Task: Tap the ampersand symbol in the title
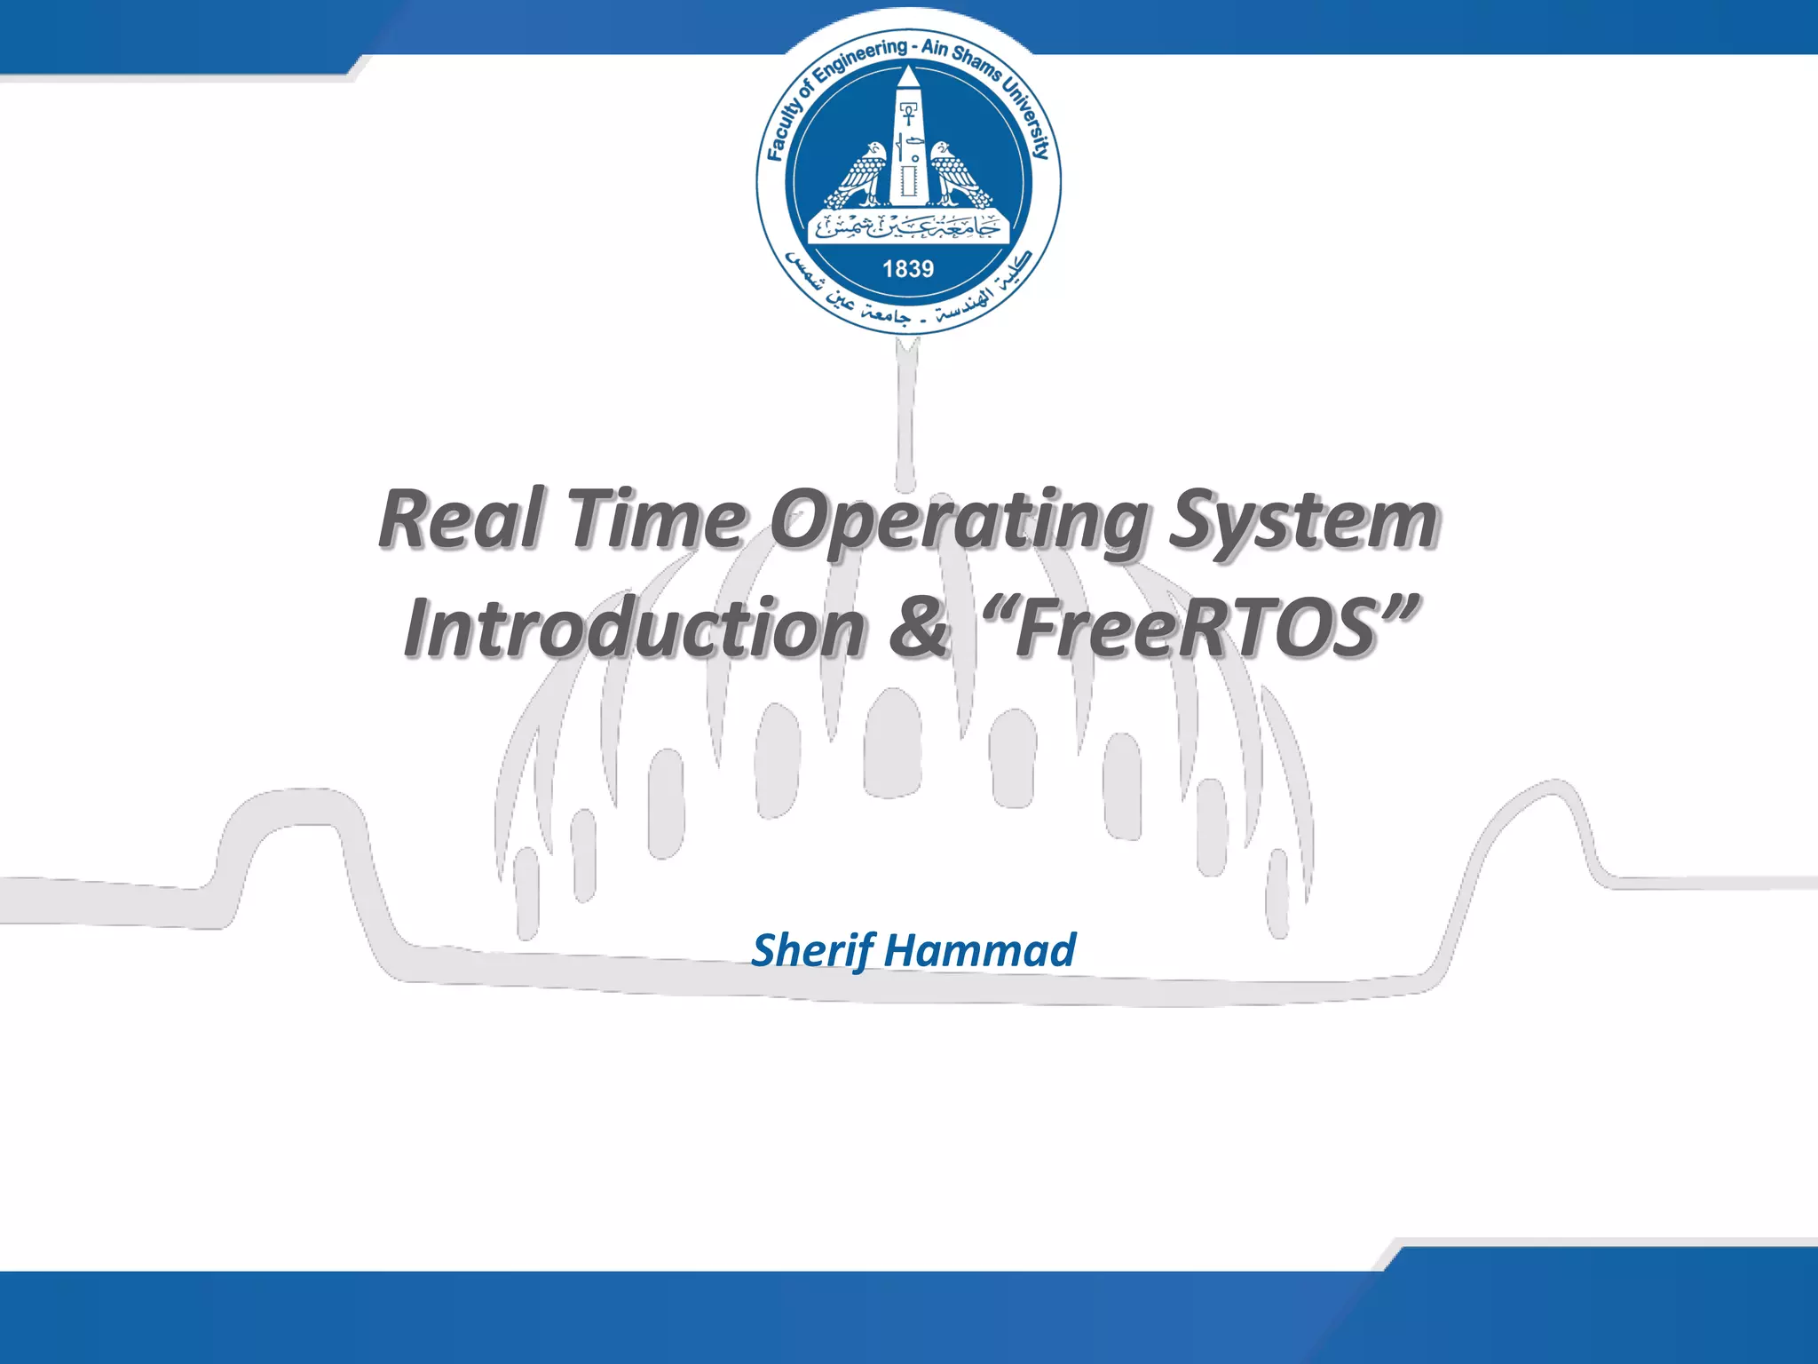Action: [x=920, y=629]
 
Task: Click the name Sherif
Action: [x=813, y=950]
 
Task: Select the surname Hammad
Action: [x=980, y=950]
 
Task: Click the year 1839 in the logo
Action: [x=908, y=268]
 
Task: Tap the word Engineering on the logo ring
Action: [x=860, y=58]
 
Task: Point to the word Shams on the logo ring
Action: [x=975, y=60]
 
